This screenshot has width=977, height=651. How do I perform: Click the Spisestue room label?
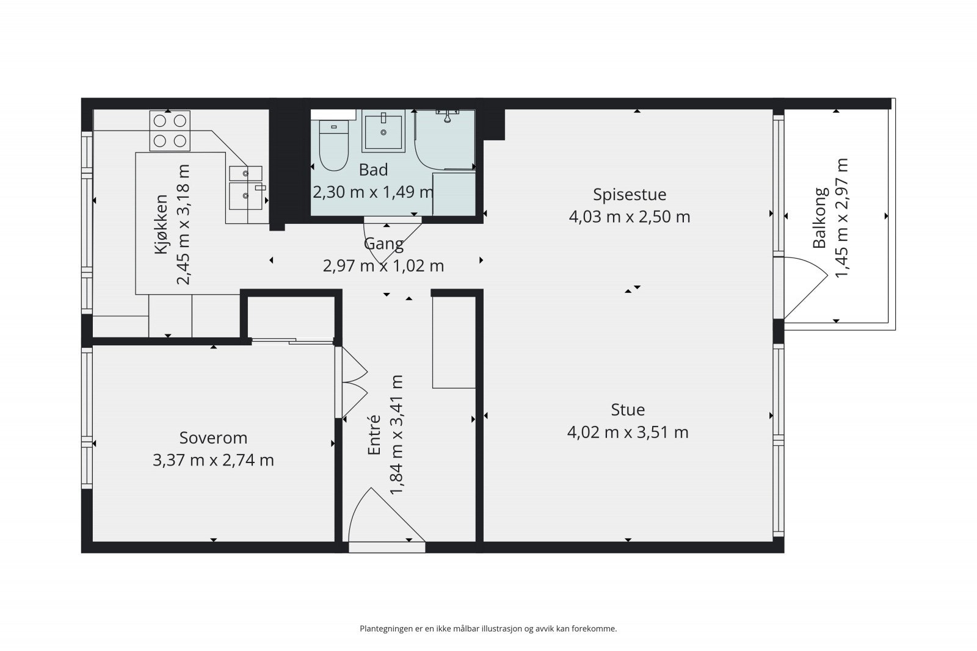click(x=630, y=195)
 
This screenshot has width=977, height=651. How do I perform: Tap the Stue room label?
click(x=628, y=409)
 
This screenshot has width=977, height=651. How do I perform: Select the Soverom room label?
click(x=213, y=437)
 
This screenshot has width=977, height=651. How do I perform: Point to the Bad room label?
click(x=373, y=170)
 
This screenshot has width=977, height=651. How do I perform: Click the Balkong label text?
click(x=820, y=218)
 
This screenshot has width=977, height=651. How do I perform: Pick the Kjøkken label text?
click(x=161, y=225)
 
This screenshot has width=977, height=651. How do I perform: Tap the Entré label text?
click(x=374, y=435)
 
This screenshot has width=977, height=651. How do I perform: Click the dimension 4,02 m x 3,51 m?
click(x=628, y=433)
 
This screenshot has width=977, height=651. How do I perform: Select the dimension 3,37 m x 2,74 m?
click(x=213, y=460)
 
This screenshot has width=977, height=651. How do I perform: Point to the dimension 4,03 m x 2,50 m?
click(x=630, y=217)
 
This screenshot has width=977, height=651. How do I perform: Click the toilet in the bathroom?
click(x=334, y=146)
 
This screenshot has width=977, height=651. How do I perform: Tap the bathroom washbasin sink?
click(x=383, y=131)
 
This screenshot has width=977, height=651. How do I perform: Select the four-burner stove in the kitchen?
click(x=170, y=131)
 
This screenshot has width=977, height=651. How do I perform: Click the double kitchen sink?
click(x=246, y=188)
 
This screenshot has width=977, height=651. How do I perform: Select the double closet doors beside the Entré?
click(x=354, y=383)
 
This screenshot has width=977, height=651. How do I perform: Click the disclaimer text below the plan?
click(x=488, y=628)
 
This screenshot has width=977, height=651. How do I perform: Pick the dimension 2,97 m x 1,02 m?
click(x=383, y=266)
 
